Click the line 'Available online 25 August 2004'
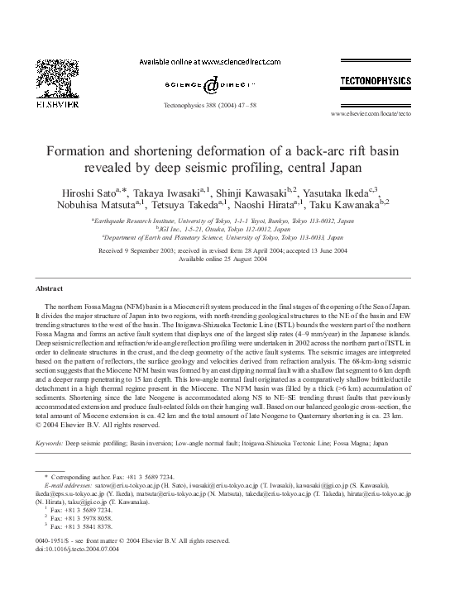224,259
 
